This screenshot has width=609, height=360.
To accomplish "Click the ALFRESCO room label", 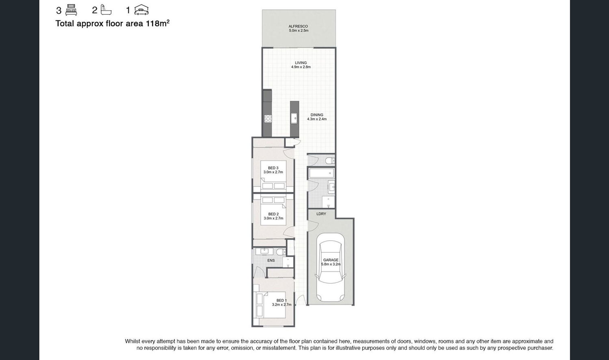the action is (298, 26).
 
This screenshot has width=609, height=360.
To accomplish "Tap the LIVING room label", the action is (301, 63).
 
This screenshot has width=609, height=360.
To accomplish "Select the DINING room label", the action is (317, 115).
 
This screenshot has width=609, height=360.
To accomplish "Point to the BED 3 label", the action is (273, 168).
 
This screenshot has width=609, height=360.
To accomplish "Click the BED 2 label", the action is (274, 214).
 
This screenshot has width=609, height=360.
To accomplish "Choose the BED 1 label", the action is (282, 300).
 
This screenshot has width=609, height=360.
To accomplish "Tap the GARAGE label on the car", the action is (331, 260).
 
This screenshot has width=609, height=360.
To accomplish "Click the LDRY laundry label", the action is (321, 214).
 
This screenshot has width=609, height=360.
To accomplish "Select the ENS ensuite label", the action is (271, 260).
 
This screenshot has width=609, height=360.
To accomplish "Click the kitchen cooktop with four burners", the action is (268, 119).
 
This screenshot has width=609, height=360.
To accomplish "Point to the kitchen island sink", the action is (294, 119).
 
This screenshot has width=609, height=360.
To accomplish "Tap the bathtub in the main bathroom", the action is (322, 173).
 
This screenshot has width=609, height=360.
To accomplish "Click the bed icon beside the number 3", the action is (71, 10).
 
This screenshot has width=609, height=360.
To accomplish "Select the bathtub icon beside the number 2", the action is (106, 9).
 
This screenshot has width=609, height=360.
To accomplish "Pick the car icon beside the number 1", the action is (141, 9).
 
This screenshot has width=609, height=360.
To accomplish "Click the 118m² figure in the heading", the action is (158, 23).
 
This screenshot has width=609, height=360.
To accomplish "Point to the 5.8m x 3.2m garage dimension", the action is (331, 264).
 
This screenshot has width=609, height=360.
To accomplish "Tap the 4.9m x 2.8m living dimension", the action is (301, 67).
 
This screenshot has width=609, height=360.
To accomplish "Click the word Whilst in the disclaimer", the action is (132, 341).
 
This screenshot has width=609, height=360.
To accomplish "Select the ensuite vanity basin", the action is (264, 251).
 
